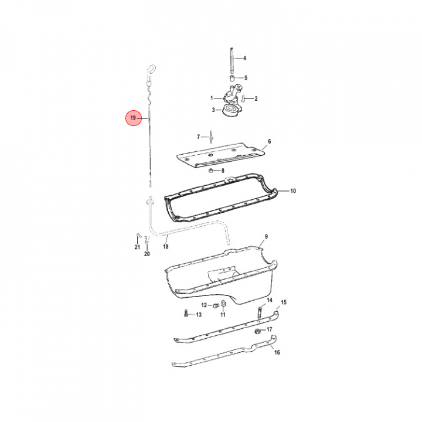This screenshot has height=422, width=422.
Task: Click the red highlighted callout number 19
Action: point(134,118)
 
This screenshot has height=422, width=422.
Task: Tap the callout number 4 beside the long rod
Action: point(244,58)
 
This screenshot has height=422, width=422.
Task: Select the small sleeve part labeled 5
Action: point(232,78)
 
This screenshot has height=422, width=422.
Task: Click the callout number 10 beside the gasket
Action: point(293,191)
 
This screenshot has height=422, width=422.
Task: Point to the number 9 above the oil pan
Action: point(266,237)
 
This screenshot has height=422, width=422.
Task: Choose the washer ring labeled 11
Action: point(223,304)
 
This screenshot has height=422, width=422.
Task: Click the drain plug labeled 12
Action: point(215,306)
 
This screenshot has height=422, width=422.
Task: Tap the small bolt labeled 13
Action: point(186,313)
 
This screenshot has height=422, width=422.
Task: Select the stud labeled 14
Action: point(260,313)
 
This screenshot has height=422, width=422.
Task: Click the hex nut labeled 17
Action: point(257,331)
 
